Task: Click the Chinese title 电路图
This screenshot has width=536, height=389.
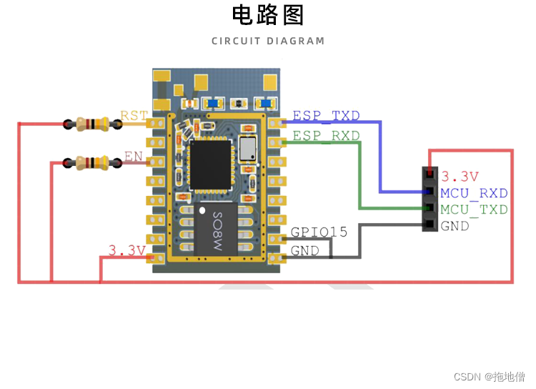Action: pyautogui.click(x=268, y=15)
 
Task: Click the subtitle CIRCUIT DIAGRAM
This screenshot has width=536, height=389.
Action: pyautogui.click(x=268, y=41)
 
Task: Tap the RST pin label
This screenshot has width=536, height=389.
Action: pyautogui.click(x=134, y=116)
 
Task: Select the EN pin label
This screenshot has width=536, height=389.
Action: pyautogui.click(x=133, y=156)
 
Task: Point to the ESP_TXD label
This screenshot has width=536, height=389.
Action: pyautogui.click(x=327, y=116)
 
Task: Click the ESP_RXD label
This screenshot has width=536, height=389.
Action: pyautogui.click(x=327, y=135)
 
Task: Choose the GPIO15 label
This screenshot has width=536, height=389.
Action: pyautogui.click(x=319, y=232)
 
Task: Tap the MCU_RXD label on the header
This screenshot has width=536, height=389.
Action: pyautogui.click(x=474, y=193)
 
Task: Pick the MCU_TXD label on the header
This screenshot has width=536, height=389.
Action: pyautogui.click(x=474, y=210)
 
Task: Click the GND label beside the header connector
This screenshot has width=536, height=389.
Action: pyautogui.click(x=455, y=226)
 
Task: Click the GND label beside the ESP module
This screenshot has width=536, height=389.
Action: pyautogui.click(x=304, y=251)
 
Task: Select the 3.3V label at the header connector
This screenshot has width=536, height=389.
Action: pyautogui.click(x=460, y=176)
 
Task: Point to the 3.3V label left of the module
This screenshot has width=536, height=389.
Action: pyautogui.click(x=126, y=250)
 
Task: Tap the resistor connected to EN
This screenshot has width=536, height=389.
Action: pyautogui.click(x=91, y=163)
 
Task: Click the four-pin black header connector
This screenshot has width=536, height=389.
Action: pyautogui.click(x=429, y=200)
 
